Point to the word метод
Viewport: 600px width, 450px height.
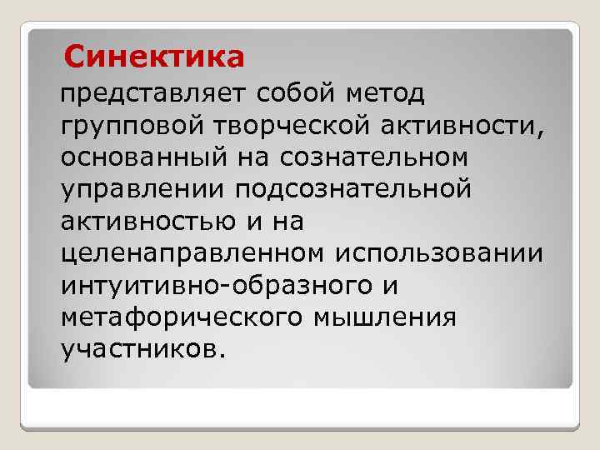click(x=387, y=93)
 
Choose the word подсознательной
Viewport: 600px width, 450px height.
click(x=352, y=188)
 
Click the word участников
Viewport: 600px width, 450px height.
click(x=137, y=347)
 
